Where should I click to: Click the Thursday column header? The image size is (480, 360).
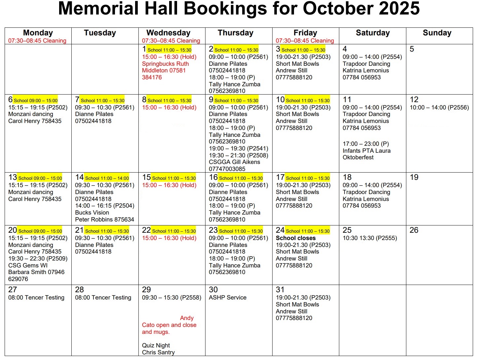pyautogui.click(x=235, y=33)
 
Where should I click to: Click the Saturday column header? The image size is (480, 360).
pyautogui.click(x=373, y=33)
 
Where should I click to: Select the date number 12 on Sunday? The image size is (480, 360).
pyautogui.click(x=414, y=100)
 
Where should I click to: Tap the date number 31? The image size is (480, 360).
pyautogui.click(x=280, y=290)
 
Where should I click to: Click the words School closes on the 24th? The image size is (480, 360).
pyautogui.click(x=296, y=238)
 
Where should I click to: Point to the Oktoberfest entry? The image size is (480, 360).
pyautogui.click(x=358, y=157)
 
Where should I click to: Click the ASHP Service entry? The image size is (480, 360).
pyautogui.click(x=227, y=298)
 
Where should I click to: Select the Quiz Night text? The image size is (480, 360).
pyautogui.click(x=156, y=345)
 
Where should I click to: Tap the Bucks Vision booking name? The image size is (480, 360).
pyautogui.click(x=92, y=213)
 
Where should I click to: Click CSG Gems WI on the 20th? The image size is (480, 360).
pyautogui.click(x=28, y=265)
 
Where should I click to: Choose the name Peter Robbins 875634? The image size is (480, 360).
pyautogui.click(x=104, y=220)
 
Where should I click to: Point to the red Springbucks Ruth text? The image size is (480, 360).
pyautogui.click(x=165, y=64)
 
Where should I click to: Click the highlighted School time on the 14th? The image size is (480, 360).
pyautogui.click(x=107, y=178)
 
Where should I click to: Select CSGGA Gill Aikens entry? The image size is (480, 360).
pyautogui.click(x=234, y=162)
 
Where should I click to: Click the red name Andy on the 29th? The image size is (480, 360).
pyautogui.click(x=187, y=318)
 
